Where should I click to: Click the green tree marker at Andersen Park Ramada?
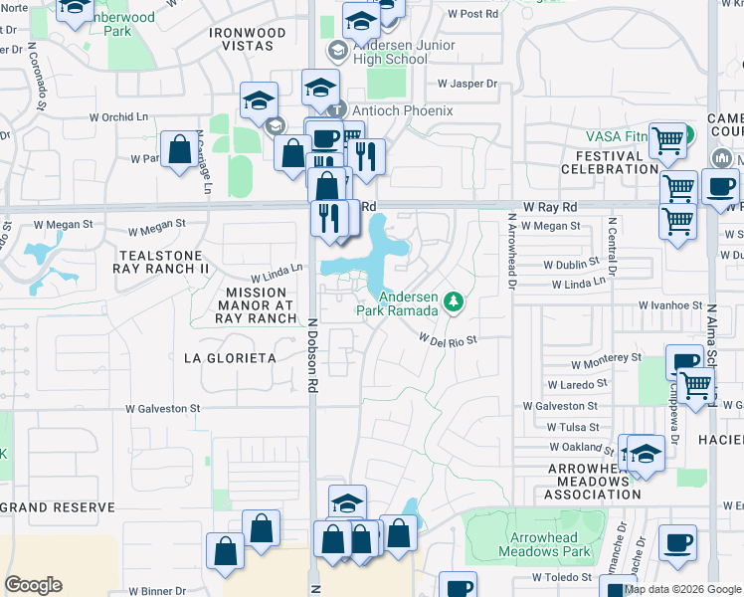[x=454, y=300]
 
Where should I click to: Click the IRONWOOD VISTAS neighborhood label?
[x=248, y=40]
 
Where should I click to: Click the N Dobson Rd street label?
[x=312, y=353]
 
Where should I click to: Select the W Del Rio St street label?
[x=448, y=339]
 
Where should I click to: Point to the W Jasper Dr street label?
[x=466, y=84]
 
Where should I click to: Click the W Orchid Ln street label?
[x=117, y=116]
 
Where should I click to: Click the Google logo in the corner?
[x=33, y=585]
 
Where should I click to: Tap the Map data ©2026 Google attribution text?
[x=682, y=589]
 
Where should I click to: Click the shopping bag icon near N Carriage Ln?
[x=179, y=150]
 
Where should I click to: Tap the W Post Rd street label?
[x=472, y=14]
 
